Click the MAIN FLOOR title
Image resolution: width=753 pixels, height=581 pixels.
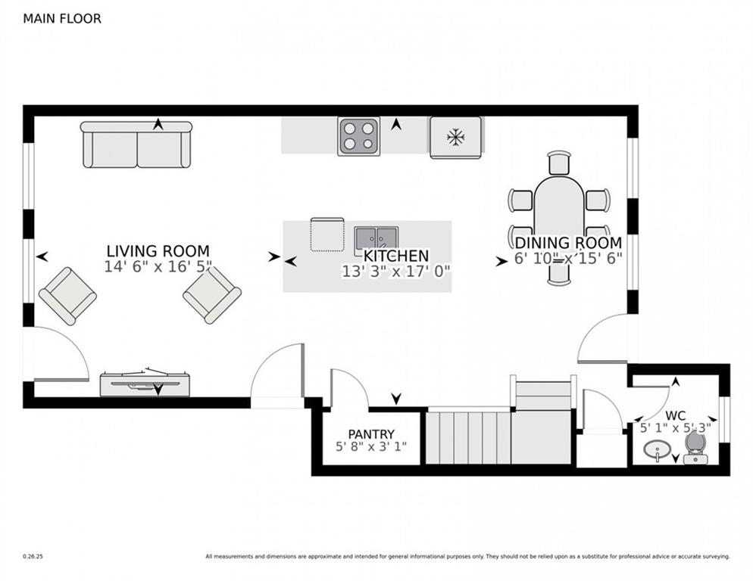click(x=62, y=18)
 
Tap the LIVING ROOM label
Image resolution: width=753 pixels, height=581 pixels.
click(x=158, y=251)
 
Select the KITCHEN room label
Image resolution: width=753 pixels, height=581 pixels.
click(x=396, y=256)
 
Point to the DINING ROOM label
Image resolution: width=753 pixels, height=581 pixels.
click(x=568, y=243)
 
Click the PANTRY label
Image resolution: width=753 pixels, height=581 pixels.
click(x=371, y=434)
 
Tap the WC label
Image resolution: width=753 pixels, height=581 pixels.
click(x=676, y=416)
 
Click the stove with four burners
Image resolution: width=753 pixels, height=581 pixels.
click(x=358, y=137)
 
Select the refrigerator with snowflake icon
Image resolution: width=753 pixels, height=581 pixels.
click(x=455, y=137)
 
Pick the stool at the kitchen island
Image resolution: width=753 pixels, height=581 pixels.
click(x=327, y=234)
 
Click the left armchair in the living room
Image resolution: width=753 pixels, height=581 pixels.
click(x=67, y=295)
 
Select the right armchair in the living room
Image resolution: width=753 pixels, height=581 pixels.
click(x=212, y=294)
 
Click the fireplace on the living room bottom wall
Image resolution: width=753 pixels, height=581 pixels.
click(x=144, y=384)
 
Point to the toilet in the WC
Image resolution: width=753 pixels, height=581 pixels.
click(x=695, y=448)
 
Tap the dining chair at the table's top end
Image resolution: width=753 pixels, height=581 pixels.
click(x=559, y=162)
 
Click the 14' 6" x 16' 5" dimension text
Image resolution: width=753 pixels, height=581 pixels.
click(x=158, y=267)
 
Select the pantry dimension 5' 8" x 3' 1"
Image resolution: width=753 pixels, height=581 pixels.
click(x=371, y=447)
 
